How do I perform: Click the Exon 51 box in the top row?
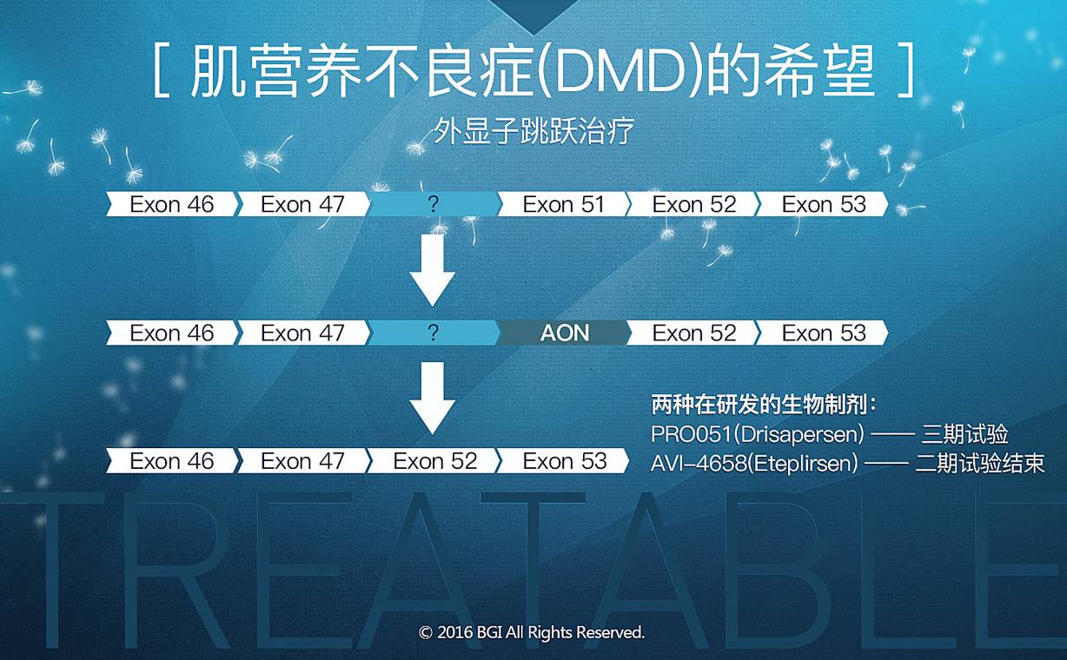[x=564, y=204]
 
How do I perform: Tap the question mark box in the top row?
[x=433, y=204]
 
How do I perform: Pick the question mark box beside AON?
[x=433, y=333]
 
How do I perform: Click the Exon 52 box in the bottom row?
[x=434, y=461]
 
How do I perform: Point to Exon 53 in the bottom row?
[x=564, y=461]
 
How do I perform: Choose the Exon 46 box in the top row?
[x=171, y=204]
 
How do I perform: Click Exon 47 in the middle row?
[x=303, y=333]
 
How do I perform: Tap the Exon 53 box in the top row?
[x=823, y=204]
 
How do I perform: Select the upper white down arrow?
[x=433, y=269]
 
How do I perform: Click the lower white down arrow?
[x=433, y=398]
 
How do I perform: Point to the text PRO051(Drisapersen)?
[x=758, y=434]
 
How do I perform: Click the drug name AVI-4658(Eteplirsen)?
[x=754, y=463]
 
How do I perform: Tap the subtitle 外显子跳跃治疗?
[x=533, y=130]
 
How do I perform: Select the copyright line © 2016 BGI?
[x=531, y=632]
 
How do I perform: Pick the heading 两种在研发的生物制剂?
[x=764, y=405]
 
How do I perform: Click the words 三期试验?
[x=964, y=434]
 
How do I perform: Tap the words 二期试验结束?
[x=980, y=463]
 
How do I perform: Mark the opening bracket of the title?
[x=161, y=70]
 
